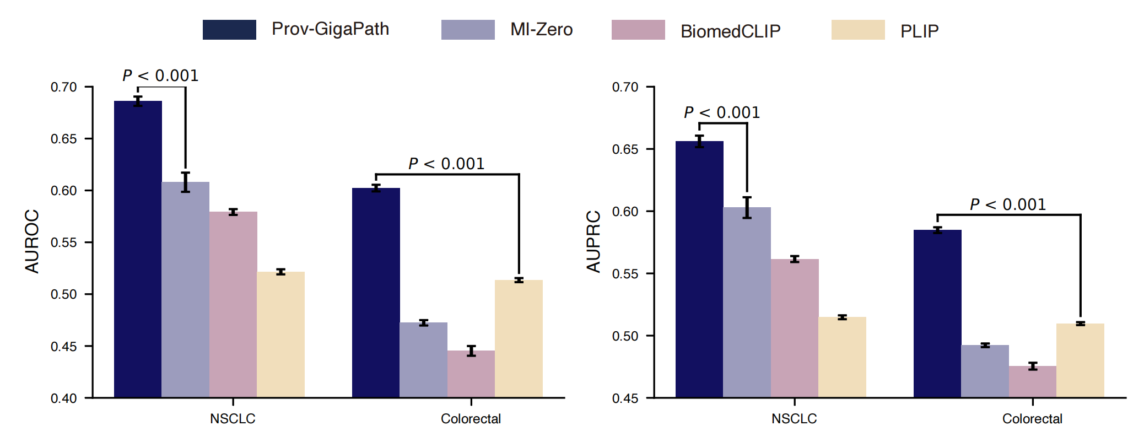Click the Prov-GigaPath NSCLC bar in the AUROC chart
[x=138, y=248]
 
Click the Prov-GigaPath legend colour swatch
[x=229, y=30]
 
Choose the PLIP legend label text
[x=919, y=31]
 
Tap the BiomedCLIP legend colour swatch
[x=638, y=30]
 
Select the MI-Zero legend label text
[x=541, y=30]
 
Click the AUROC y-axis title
[x=32, y=241]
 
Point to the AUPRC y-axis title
[x=593, y=241]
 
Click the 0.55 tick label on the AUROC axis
[x=64, y=242]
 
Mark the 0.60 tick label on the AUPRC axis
[x=625, y=212]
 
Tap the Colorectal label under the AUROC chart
[x=471, y=419]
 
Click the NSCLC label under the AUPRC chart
[x=794, y=419]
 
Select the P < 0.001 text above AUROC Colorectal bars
[x=446, y=164]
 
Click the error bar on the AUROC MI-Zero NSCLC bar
[x=186, y=182]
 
